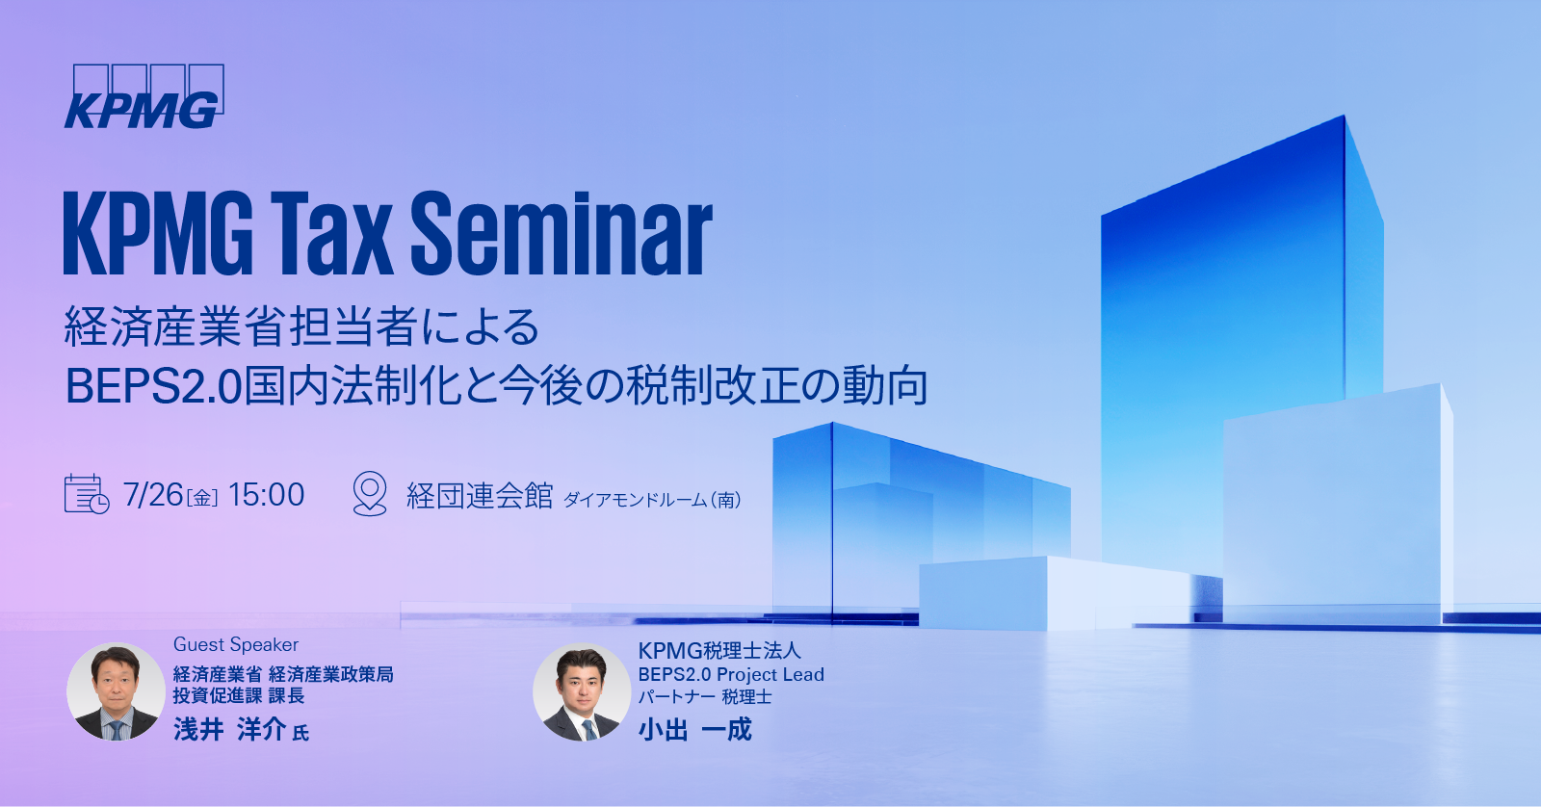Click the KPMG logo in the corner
pos(144,97)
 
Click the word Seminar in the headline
pos(562,233)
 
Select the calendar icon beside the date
pos(86,494)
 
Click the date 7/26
pos(153,495)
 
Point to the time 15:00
pos(267,495)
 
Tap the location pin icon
pos(370,493)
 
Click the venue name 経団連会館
pos(480,496)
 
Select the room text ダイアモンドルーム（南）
pos(652,500)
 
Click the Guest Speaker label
pos(236,644)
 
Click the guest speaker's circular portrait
pos(116,691)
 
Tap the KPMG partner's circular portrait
pos(581,691)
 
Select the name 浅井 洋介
pos(229,729)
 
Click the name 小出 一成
pos(694,729)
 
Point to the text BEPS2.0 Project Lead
pos(731,674)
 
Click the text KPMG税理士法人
pos(719,651)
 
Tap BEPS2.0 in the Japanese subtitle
pos(152,386)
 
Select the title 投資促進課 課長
pos(239,695)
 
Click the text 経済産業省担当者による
pos(301,327)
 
